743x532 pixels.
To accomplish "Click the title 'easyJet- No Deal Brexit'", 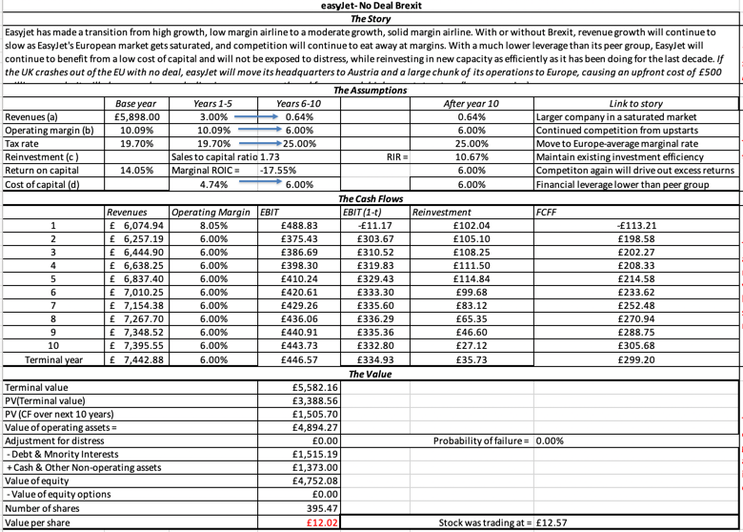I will pyautogui.click(x=371, y=6).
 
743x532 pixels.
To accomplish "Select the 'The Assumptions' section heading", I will pyautogui.click(x=371, y=90).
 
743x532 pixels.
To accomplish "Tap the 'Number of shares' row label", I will pyautogui.click(x=43, y=508).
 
